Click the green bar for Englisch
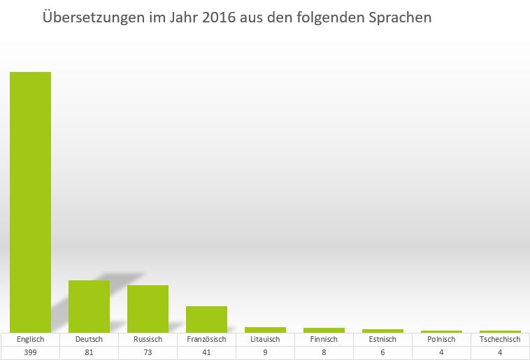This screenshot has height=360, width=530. [x=30, y=202]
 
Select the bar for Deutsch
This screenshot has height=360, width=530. [x=89, y=305]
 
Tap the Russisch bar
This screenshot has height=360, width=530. [x=148, y=308]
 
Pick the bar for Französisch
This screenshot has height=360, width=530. [x=206, y=319]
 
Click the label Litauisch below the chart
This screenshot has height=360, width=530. [x=265, y=339]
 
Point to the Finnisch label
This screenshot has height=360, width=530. [x=324, y=339]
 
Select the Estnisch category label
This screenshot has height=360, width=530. [x=382, y=339]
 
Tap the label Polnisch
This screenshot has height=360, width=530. [x=441, y=339]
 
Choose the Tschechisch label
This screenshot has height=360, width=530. [x=500, y=339]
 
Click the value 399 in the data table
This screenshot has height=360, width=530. [x=30, y=352]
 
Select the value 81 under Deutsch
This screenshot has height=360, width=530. [x=89, y=352]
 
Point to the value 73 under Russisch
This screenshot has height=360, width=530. [x=148, y=352]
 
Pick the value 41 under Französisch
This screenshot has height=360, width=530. [x=206, y=352]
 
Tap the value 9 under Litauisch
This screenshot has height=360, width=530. [x=265, y=352]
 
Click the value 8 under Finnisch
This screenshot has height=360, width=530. [x=324, y=352]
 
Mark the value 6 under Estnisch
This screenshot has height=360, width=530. [x=382, y=352]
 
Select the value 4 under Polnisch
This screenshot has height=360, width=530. [x=441, y=352]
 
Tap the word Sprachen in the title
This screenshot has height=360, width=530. [x=401, y=17]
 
